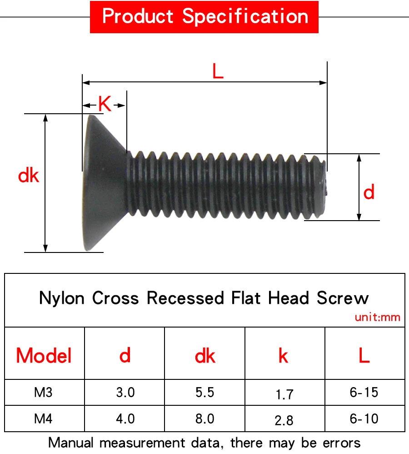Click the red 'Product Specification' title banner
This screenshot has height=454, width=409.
(204, 17)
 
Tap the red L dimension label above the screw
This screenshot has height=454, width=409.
(218, 71)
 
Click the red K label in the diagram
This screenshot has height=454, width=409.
(105, 104)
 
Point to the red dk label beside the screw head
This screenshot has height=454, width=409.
(29, 176)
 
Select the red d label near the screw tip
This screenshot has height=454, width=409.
(369, 193)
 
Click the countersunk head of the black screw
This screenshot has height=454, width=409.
(104, 182)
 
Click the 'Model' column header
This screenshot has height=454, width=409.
(44, 355)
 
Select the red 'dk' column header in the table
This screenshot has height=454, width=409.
(205, 356)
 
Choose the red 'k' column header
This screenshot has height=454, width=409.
(284, 356)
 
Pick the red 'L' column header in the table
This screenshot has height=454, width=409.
(364, 356)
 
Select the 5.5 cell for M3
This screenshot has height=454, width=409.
(205, 392)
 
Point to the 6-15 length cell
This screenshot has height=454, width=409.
(364, 392)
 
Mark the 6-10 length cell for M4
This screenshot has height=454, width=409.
(364, 418)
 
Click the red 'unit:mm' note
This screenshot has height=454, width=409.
(378, 317)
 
